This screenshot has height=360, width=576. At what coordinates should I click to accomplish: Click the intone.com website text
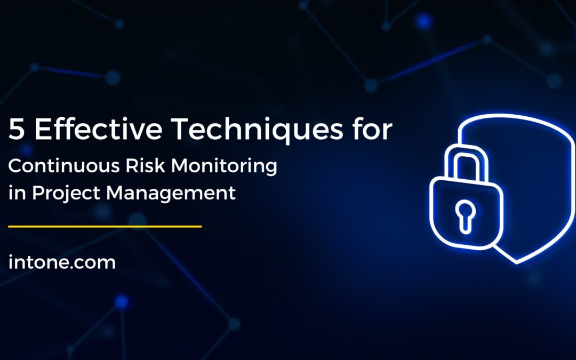(x=62, y=262)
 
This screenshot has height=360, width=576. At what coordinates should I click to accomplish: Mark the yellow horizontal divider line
(x=105, y=227)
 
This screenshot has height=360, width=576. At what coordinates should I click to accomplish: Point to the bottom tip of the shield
(x=517, y=262)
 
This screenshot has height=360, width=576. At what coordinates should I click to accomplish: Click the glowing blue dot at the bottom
(x=122, y=303)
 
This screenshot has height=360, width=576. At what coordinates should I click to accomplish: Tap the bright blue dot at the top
(x=424, y=21)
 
